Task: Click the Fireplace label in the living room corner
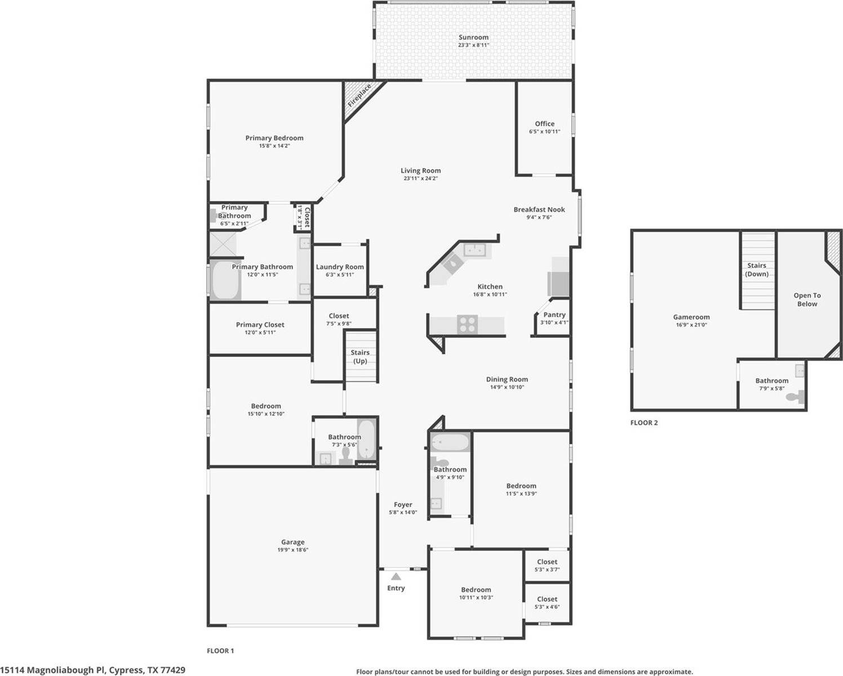[x=359, y=96]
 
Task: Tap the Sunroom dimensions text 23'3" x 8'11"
[x=473, y=45]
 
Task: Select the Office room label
[x=544, y=123]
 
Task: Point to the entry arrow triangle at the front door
[x=396, y=576]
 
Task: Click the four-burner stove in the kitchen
[x=467, y=324]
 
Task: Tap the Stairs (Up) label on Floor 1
[x=360, y=357]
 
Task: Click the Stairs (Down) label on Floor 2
[x=756, y=269]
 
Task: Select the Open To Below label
[x=807, y=299]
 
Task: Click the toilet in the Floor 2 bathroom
[x=795, y=397]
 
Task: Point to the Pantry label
[x=554, y=315]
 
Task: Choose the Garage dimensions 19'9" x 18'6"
[x=292, y=550]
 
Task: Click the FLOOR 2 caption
[x=644, y=422]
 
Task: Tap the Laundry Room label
[x=340, y=267]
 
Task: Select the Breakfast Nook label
[x=539, y=210]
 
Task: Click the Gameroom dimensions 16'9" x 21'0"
[x=691, y=325]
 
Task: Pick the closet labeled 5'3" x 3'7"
[x=547, y=565]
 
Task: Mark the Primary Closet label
[x=260, y=324]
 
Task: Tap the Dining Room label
[x=507, y=379]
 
